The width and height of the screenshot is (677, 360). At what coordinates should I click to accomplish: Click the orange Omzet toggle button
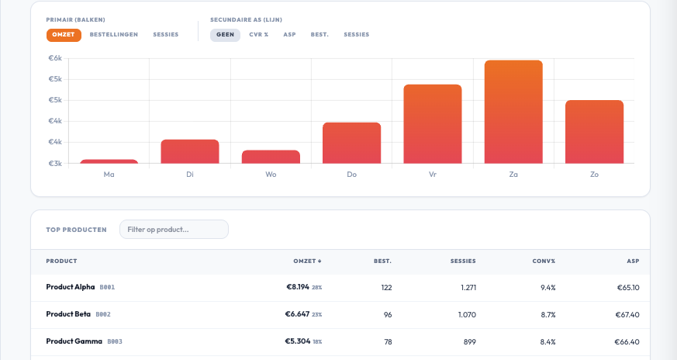click(64, 35)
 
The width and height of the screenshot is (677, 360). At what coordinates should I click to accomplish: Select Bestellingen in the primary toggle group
click(113, 35)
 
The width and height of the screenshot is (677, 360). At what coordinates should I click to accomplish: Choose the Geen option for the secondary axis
click(225, 35)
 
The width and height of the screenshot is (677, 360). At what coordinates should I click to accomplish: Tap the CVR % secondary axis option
click(258, 35)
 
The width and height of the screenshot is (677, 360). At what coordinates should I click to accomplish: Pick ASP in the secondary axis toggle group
click(289, 35)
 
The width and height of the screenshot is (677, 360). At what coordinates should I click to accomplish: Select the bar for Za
click(513, 112)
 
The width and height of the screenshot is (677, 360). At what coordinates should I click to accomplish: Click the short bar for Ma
click(109, 161)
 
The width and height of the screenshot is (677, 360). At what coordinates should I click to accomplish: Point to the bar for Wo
click(271, 157)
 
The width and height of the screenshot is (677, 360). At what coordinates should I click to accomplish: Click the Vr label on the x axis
click(432, 175)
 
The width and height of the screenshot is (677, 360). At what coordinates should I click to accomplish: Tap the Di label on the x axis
click(190, 175)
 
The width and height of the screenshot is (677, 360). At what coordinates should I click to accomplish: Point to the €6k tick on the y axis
click(55, 58)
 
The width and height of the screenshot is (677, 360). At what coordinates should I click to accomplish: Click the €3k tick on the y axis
click(55, 164)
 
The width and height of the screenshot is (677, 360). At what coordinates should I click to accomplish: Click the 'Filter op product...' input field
click(174, 230)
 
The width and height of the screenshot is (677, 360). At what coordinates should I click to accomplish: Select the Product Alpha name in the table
click(71, 287)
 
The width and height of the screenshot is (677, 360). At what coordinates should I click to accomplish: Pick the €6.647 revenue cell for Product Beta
click(297, 314)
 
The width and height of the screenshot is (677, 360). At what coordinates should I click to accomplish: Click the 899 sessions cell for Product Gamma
click(465, 341)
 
